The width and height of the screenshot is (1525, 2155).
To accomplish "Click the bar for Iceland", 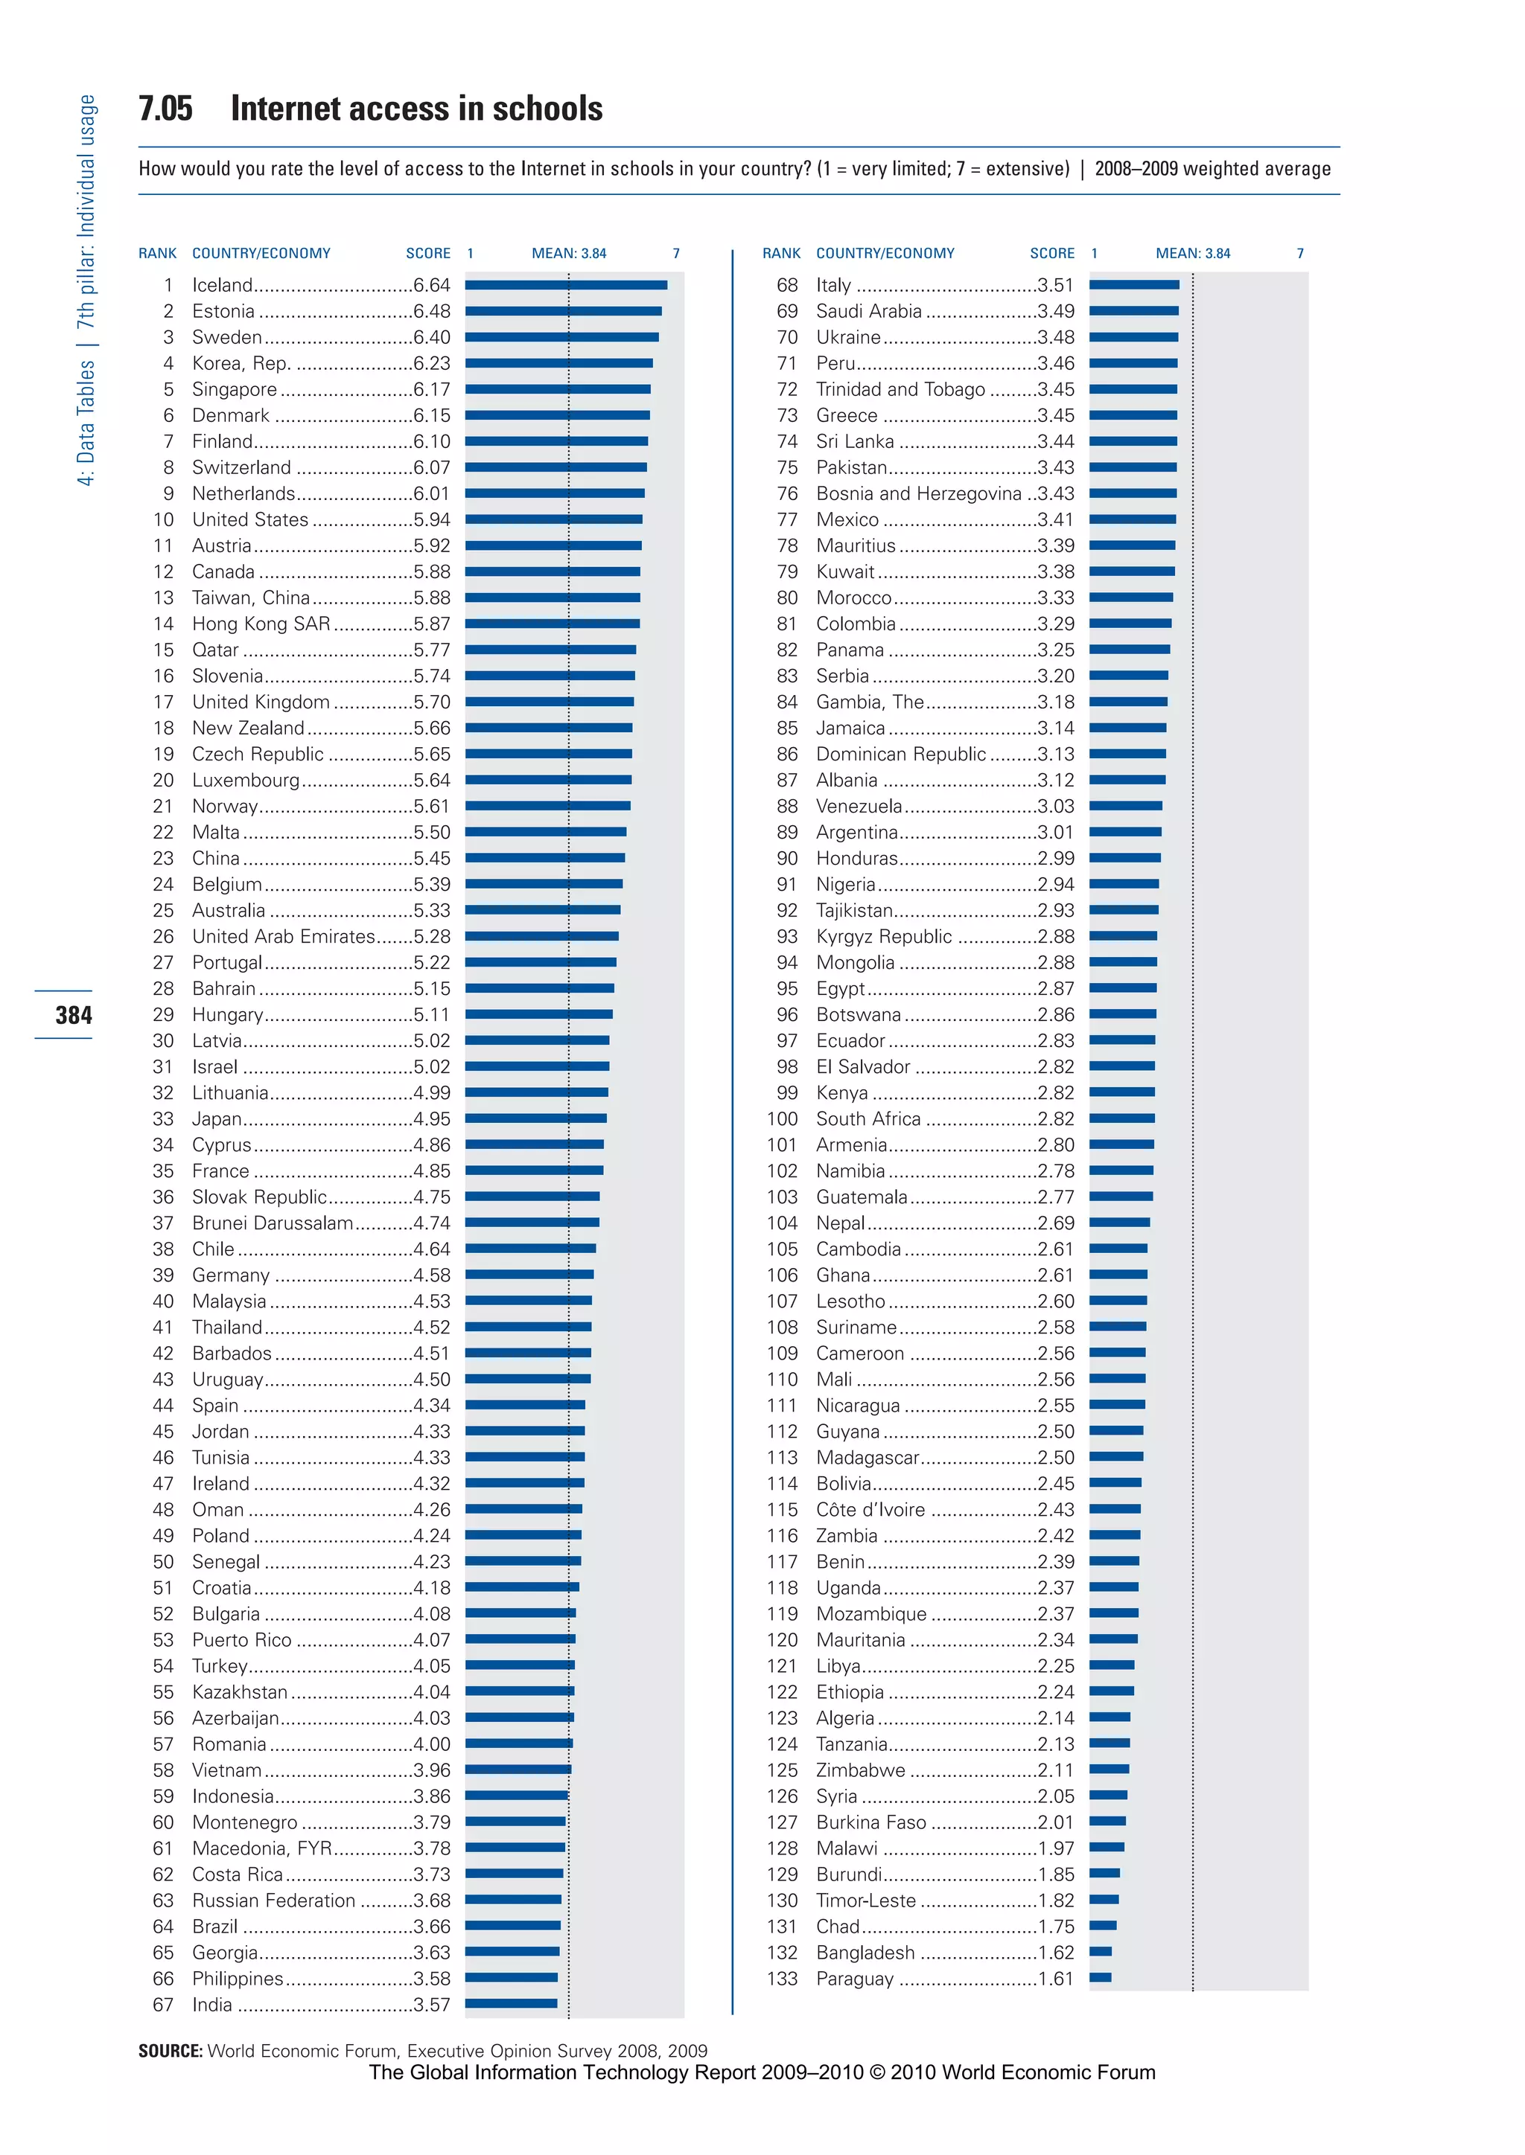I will pyautogui.click(x=566, y=284).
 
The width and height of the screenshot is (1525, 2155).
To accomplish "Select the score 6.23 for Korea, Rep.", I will pyautogui.click(x=431, y=363).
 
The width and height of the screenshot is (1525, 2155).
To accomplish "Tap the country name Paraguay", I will pyautogui.click(x=855, y=1979).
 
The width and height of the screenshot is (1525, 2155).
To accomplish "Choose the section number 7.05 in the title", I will pyautogui.click(x=165, y=109).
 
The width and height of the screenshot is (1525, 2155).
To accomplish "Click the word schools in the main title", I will pyautogui.click(x=547, y=109).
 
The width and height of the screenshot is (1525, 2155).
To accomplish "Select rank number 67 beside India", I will pyautogui.click(x=163, y=2005).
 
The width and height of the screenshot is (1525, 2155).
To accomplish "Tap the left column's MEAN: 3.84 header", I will pyautogui.click(x=568, y=254).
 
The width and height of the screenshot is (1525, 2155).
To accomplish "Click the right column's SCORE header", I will pyautogui.click(x=1051, y=254).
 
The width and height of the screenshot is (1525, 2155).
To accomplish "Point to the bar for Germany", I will pyautogui.click(x=529, y=1275).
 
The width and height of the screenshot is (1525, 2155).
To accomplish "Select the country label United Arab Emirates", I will pyautogui.click(x=283, y=937).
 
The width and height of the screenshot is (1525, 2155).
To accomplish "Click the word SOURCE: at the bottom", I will pyautogui.click(x=170, y=2051).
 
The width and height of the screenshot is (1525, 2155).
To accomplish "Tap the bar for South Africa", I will pyautogui.click(x=1122, y=1118).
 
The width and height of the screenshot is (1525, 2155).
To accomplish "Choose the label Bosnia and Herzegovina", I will pyautogui.click(x=918, y=493).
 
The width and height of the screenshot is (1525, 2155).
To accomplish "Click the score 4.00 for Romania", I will pyautogui.click(x=431, y=1744).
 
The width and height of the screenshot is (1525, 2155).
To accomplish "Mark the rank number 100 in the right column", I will pyautogui.click(x=781, y=1118).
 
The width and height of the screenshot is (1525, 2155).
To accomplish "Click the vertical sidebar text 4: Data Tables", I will pyautogui.click(x=86, y=423).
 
